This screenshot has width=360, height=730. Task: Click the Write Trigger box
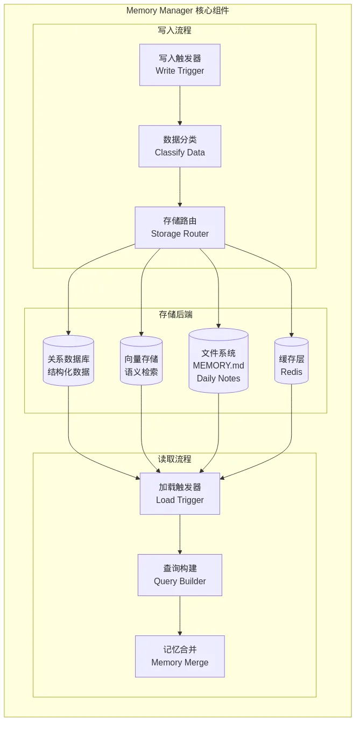pyautogui.click(x=180, y=65)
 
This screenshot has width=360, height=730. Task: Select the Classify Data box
pyautogui.click(x=180, y=146)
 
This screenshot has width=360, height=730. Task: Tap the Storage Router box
pyautogui.click(x=180, y=228)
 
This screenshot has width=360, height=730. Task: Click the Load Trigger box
pyautogui.click(x=180, y=494)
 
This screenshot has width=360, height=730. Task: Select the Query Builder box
pyautogui.click(x=180, y=575)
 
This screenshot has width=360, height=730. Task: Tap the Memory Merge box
pyautogui.click(x=180, y=656)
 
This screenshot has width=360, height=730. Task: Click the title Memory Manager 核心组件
pyautogui.click(x=178, y=11)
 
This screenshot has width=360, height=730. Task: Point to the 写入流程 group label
pyautogui.click(x=174, y=31)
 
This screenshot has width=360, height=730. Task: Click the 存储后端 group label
pyautogui.click(x=175, y=315)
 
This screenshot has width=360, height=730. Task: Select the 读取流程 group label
pyautogui.click(x=174, y=459)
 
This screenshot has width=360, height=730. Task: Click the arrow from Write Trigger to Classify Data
pyautogui.click(x=180, y=105)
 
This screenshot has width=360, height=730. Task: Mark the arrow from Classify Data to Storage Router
pyautogui.click(x=180, y=187)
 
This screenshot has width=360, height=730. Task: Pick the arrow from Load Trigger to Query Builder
pyautogui.click(x=180, y=534)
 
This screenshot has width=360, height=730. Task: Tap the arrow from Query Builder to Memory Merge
pyautogui.click(x=180, y=615)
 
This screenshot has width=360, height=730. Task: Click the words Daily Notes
pyautogui.click(x=218, y=379)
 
